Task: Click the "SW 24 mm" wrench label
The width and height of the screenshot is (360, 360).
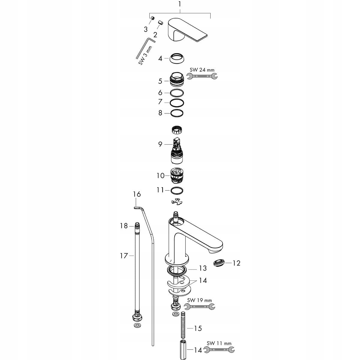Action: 202,70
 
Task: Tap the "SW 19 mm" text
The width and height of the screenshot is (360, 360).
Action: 199,300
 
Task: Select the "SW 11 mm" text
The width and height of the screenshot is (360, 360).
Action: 219,343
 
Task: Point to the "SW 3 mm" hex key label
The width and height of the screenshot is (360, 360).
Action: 145,55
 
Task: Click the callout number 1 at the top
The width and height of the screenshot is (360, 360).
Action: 180,4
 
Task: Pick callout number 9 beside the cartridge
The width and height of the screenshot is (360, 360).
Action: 160,144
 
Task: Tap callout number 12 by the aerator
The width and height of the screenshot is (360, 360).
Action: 236,263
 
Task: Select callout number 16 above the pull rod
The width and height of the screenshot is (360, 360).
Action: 137,194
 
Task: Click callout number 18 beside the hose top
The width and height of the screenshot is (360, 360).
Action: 124,226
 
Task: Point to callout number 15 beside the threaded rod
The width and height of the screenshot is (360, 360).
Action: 198,328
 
